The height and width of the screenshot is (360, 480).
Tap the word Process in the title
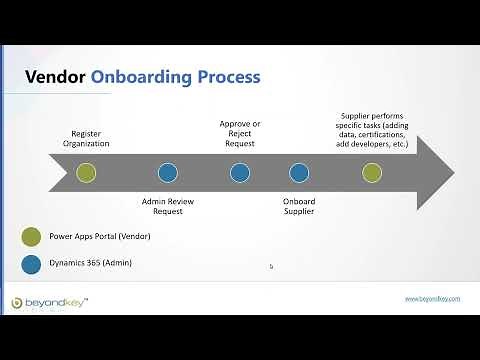point(229,76)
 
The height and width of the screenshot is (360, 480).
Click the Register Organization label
point(90,138)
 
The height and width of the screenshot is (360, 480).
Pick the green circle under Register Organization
point(86,172)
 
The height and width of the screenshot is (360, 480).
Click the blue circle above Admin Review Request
point(168,172)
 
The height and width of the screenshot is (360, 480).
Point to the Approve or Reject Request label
point(239,134)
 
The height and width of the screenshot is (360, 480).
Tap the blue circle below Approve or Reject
point(240,172)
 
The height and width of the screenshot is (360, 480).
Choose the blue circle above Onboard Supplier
point(299,172)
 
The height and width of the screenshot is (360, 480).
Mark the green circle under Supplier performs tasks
point(371,172)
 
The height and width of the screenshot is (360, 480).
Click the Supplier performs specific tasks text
point(371,130)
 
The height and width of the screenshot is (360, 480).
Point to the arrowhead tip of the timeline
point(454,172)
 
